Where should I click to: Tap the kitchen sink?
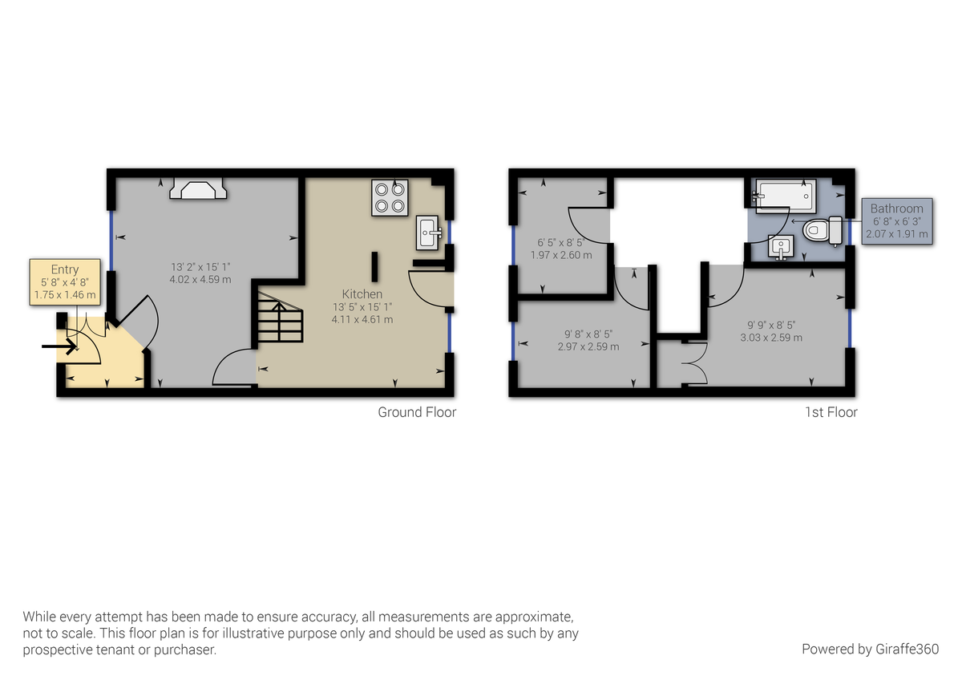pyautogui.click(x=429, y=233)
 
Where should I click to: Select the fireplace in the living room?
pyautogui.click(x=198, y=189)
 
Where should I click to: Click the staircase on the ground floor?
pyautogui.click(x=280, y=320)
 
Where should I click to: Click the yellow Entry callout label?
pyautogui.click(x=65, y=282)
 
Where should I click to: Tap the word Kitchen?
pyautogui.click(x=362, y=293)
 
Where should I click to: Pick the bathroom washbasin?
pyautogui.click(x=778, y=249)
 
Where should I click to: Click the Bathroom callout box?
pyautogui.click(x=897, y=221)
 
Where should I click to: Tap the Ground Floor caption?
pyautogui.click(x=417, y=412)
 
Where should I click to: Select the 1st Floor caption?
pyautogui.click(x=831, y=412)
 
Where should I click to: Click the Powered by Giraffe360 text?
pyautogui.click(x=870, y=649)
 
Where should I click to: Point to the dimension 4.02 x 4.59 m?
pyautogui.click(x=200, y=280)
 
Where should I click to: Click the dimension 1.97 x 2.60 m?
pyautogui.click(x=561, y=255)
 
